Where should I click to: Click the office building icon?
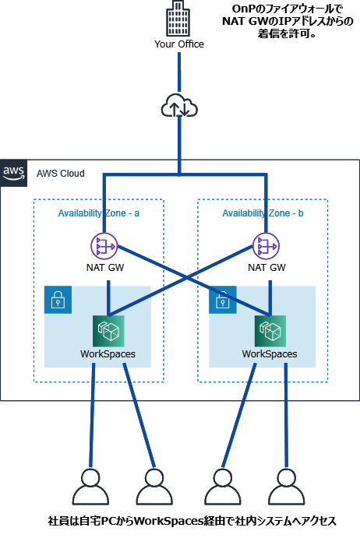[x=178, y=18]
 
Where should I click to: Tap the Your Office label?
[x=179, y=44]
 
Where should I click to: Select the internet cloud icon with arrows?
[x=179, y=106]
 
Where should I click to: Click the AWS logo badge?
[x=14, y=173]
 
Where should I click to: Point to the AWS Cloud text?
[x=61, y=174]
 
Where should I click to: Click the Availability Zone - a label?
[x=99, y=213]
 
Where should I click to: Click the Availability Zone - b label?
[x=263, y=213]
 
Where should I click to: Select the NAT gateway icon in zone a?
[x=104, y=246]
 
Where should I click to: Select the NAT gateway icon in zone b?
[x=266, y=246]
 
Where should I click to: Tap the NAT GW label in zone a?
[x=105, y=268]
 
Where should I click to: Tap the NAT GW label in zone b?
[x=267, y=268]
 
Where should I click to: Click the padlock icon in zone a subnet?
[x=58, y=300]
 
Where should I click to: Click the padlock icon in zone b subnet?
[x=223, y=300]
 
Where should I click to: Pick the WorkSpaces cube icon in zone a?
[x=108, y=331]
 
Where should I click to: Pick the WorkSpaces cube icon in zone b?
[x=270, y=331]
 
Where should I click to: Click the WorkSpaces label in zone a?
[x=108, y=353]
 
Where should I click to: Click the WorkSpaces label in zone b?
[x=270, y=353]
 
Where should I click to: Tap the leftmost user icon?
[x=90, y=487]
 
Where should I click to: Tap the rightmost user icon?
[x=287, y=487]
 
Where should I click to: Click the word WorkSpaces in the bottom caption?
[x=168, y=521]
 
